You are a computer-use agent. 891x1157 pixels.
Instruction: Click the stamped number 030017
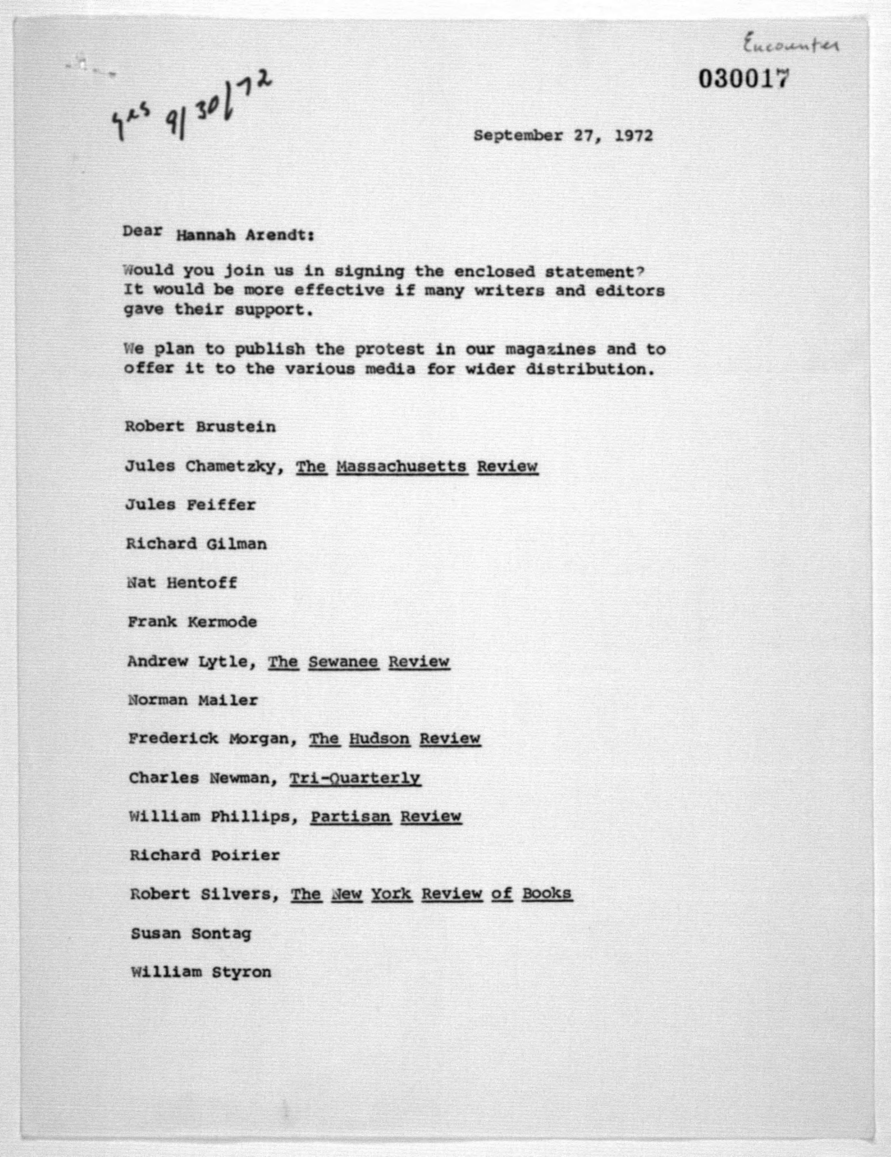click(743, 79)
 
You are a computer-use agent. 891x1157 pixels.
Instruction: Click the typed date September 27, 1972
click(563, 136)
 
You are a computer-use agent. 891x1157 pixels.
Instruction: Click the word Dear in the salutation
click(142, 231)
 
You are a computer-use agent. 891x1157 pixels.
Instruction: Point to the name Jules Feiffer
click(190, 505)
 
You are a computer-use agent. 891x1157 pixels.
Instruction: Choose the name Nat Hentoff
click(182, 583)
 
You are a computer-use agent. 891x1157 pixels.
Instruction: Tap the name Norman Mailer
click(193, 700)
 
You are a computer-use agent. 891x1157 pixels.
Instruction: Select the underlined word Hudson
click(379, 739)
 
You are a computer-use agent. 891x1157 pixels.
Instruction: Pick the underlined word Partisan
click(351, 816)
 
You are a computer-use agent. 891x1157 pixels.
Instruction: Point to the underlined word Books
click(547, 894)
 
